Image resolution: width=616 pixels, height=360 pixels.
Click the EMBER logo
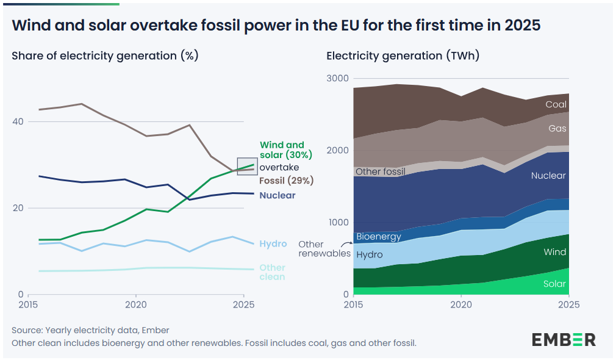564,340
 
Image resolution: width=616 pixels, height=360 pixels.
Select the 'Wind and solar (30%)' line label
282,150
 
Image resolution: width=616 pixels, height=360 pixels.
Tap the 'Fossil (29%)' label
287,181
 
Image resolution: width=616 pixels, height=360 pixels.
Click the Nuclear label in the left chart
278,195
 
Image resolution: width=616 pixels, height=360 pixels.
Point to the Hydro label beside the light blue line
273,243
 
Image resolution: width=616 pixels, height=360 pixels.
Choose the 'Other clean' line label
272,272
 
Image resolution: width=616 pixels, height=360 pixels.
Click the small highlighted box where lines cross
247,166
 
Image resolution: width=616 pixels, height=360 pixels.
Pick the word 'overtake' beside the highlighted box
279,167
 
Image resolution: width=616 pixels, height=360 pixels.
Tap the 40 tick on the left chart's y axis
18,121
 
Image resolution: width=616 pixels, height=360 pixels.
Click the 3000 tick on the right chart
337,79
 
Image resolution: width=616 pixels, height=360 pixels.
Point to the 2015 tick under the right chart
353,304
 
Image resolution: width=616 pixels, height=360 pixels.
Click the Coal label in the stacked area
556,104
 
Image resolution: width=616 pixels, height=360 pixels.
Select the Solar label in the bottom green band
555,284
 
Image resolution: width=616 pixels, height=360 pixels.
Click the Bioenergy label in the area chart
379,236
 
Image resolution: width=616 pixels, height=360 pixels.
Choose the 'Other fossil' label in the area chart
381,171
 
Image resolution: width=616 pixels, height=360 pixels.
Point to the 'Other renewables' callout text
324,249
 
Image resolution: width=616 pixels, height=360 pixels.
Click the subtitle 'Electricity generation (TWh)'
403,56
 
